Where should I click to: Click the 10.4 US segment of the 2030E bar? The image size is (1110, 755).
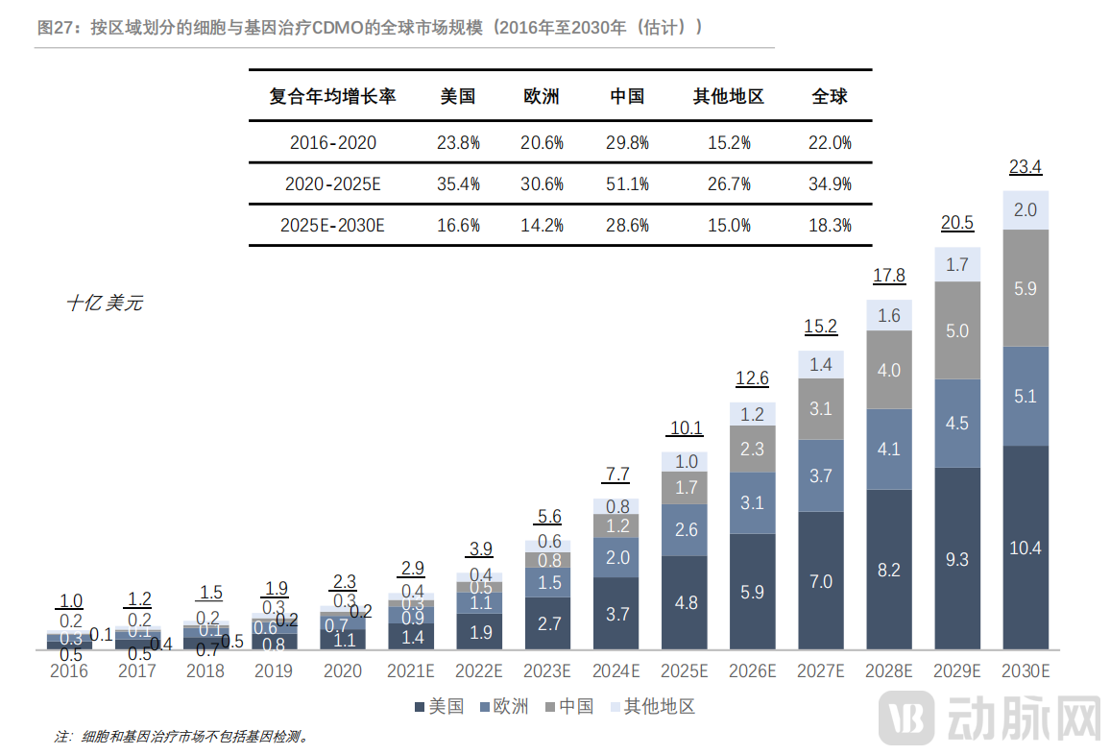click(x=1026, y=548)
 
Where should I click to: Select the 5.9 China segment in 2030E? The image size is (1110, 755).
click(x=1026, y=288)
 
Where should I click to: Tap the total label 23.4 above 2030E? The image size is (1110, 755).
click(x=1026, y=168)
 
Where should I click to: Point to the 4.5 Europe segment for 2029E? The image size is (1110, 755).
click(x=957, y=424)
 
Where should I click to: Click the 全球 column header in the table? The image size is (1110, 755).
click(x=830, y=97)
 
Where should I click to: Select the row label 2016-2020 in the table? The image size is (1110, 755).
click(x=332, y=143)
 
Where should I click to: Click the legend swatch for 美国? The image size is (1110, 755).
click(x=420, y=708)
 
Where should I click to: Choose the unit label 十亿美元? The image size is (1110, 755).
click(x=105, y=304)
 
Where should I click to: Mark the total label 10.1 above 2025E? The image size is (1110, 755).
click(x=686, y=428)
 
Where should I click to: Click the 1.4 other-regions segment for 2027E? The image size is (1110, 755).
click(x=821, y=364)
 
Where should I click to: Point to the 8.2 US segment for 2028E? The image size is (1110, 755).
click(x=889, y=570)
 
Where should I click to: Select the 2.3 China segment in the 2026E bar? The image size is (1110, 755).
click(x=753, y=449)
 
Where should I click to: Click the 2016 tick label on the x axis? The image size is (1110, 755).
click(x=68, y=671)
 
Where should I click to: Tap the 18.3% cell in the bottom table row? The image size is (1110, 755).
click(x=831, y=226)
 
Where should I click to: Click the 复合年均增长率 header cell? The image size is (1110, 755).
click(x=332, y=97)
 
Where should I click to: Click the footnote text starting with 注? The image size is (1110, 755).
click(x=182, y=737)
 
